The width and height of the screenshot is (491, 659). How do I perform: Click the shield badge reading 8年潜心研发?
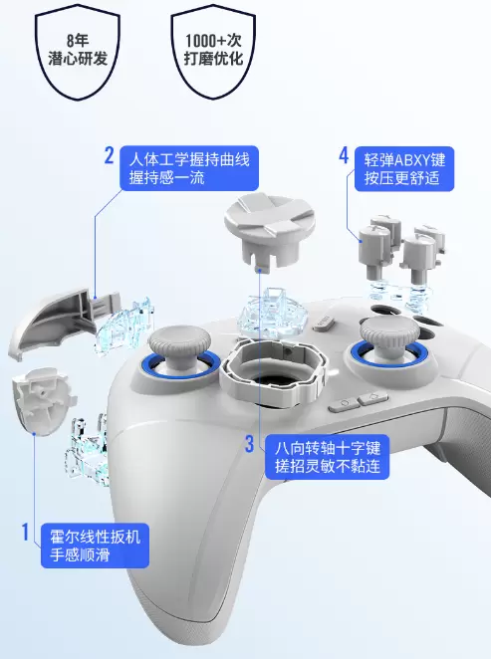point(78,52)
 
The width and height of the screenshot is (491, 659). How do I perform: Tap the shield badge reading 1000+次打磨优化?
point(213,52)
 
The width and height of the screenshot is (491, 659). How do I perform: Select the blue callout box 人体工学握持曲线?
point(189,168)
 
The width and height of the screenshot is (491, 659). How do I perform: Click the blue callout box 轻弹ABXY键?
point(404,168)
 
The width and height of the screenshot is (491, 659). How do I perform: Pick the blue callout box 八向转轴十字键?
point(327,457)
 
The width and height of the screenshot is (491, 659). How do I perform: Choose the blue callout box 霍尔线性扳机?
point(95,546)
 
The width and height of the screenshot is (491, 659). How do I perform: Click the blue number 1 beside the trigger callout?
point(25,532)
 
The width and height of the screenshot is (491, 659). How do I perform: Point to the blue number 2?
point(109,155)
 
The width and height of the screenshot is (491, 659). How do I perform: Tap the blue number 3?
point(250,444)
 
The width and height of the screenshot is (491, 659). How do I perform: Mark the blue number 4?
point(344,155)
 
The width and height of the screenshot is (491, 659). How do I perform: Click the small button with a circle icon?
point(344,405)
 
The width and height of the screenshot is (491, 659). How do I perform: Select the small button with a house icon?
point(373,397)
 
